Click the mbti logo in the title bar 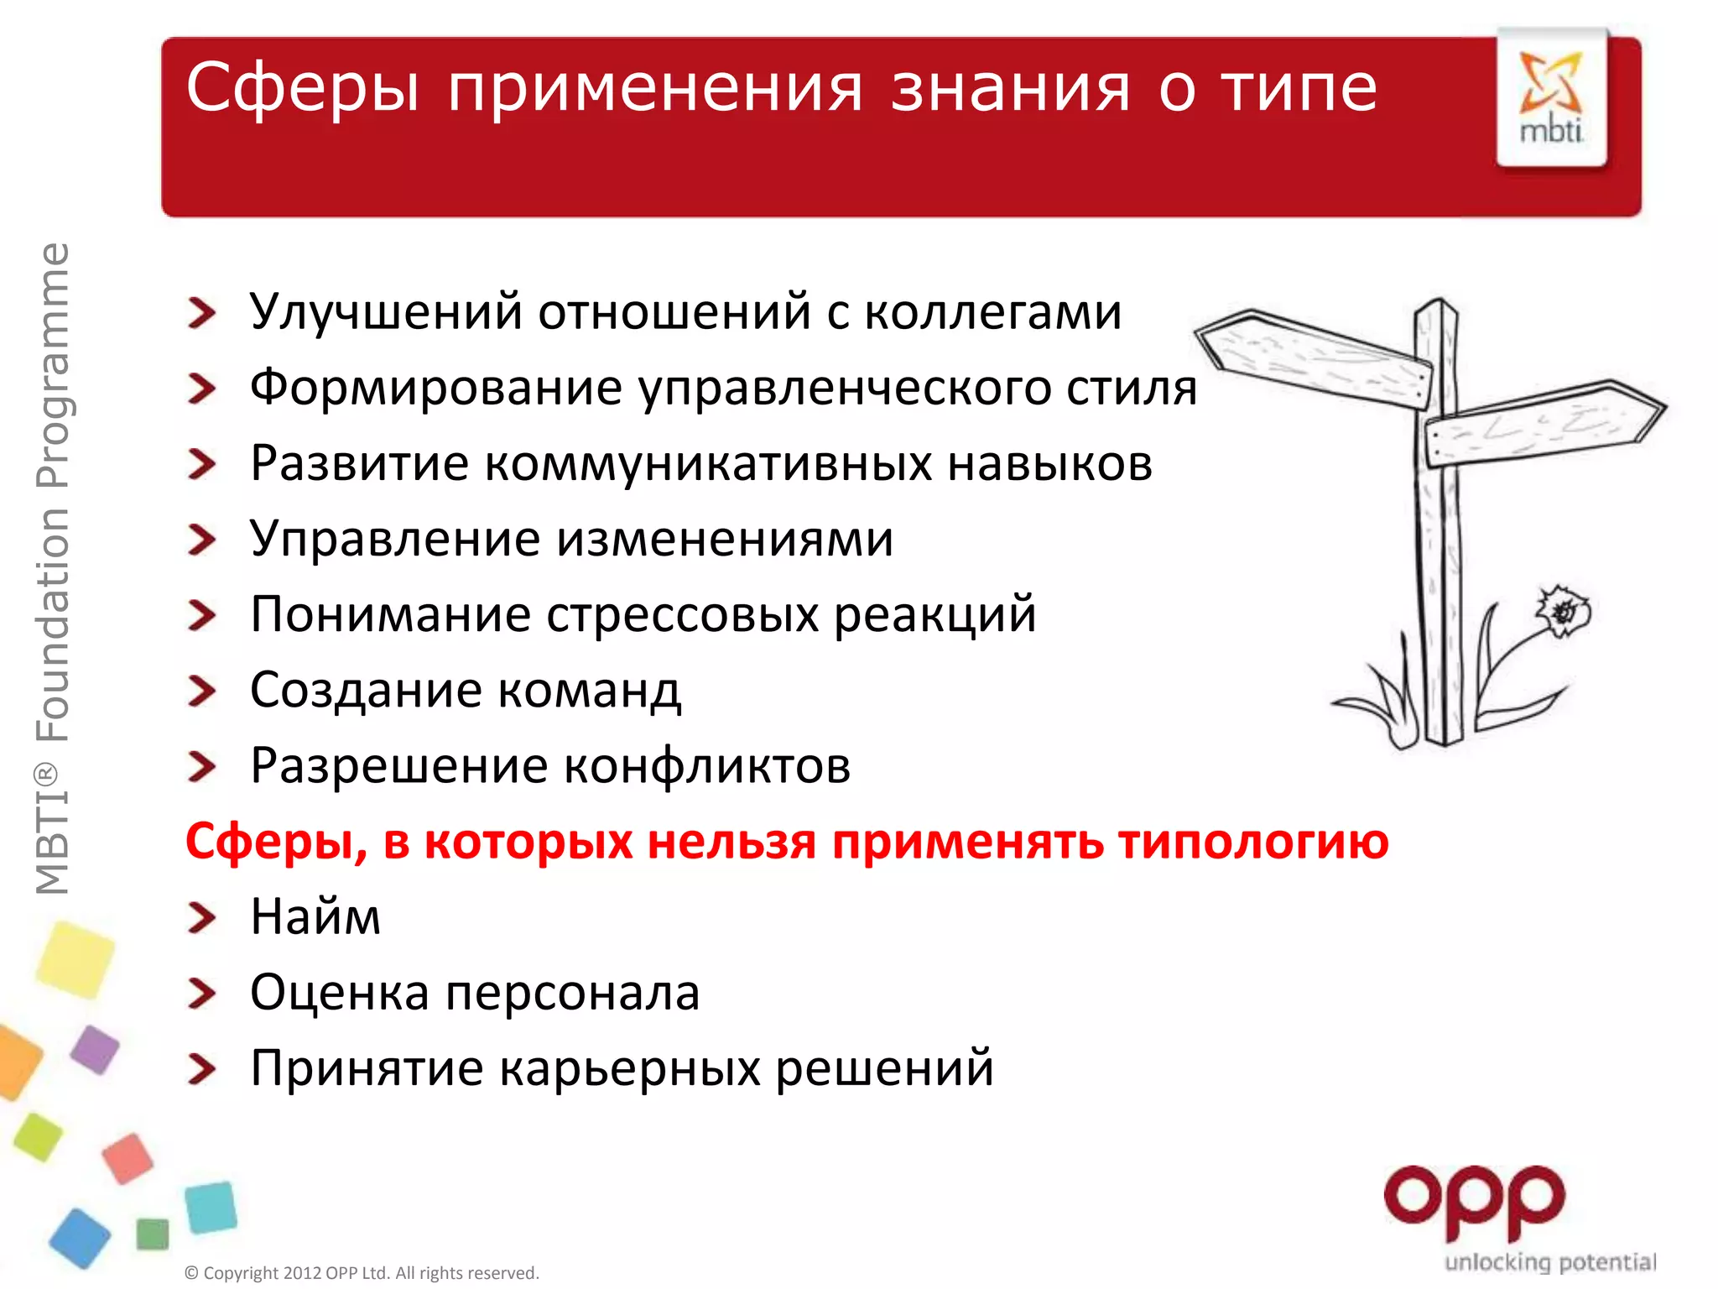tap(1551, 99)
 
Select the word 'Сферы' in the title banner tap(302, 88)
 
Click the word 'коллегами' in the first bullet tap(992, 312)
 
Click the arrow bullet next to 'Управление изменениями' tap(201, 540)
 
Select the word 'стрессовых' tap(682, 614)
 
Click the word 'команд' tap(589, 690)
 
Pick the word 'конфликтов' tap(706, 766)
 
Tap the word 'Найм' tap(315, 916)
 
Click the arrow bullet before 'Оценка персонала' tap(201, 994)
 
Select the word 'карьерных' tap(629, 1068)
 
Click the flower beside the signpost tap(1562, 610)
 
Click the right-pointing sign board tap(1544, 424)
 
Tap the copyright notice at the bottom tap(362, 1273)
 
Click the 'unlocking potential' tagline tap(1549, 1262)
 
